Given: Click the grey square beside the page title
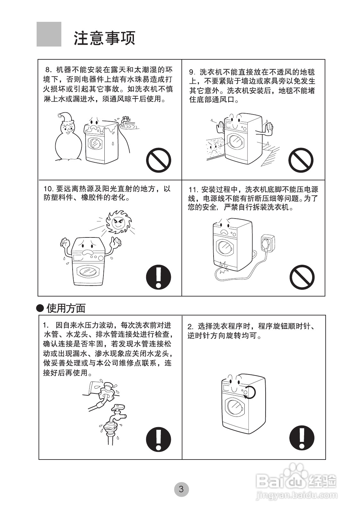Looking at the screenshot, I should pos(49,34).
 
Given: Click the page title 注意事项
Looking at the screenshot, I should pos(105,38).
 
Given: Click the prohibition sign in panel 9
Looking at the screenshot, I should pos(301,160).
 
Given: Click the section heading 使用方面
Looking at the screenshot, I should pos(66,308).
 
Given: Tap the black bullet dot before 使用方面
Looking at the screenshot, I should pos(40,308).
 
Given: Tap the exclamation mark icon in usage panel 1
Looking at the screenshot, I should pos(158,439).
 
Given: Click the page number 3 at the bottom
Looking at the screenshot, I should pos(181,489).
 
